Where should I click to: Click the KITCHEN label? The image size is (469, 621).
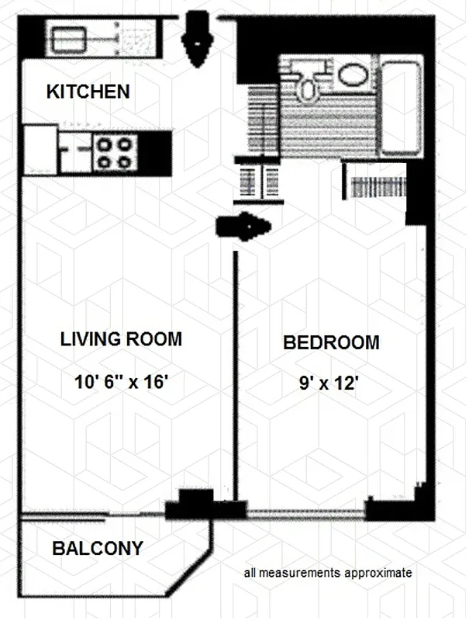click(88, 92)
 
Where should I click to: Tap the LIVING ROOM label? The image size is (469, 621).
click(121, 339)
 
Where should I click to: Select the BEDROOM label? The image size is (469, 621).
click(331, 342)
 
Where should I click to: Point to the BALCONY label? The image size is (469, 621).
click(98, 549)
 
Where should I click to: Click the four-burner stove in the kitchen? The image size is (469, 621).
click(115, 152)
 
